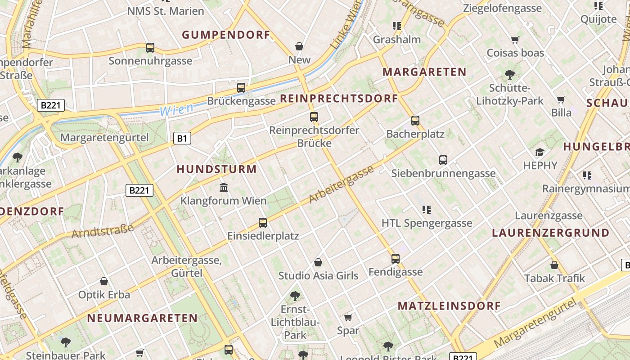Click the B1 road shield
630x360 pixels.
[181, 138]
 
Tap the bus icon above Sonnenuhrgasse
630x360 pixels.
[150, 47]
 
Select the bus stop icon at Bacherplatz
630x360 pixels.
[415, 120]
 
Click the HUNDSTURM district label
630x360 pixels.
[216, 170]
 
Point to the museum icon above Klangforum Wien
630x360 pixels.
[223, 187]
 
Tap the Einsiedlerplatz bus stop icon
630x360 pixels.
[263, 222]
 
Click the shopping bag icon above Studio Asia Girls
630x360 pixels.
[318, 262]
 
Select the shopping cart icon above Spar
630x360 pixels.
[348, 318]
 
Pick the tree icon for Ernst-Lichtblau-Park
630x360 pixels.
[295, 296]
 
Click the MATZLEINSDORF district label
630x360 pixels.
[449, 306]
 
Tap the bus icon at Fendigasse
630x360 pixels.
[396, 258]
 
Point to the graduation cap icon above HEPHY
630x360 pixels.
[540, 152]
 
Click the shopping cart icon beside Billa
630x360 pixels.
[561, 99]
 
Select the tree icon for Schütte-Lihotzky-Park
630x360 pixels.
[510, 74]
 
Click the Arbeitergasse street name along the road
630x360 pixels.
[342, 184]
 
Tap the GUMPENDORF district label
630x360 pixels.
[226, 35]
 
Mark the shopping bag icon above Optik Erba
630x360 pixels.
[104, 281]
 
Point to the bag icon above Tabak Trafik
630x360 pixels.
[554, 265]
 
